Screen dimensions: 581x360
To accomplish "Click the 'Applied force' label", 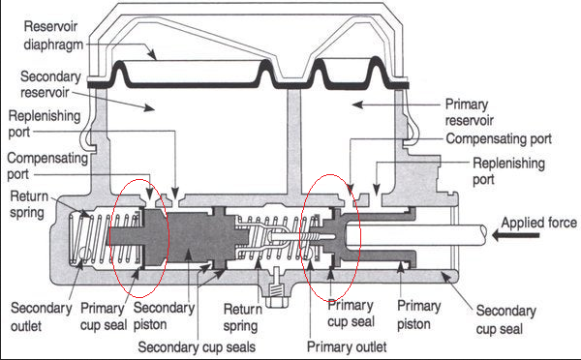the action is coord(538,223).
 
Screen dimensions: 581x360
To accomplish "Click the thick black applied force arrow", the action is coord(516,235).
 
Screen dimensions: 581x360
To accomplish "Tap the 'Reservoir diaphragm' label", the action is coord(53,36).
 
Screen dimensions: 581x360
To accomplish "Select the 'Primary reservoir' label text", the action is coord(470,112).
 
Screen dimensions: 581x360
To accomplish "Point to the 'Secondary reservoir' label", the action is coord(50,84).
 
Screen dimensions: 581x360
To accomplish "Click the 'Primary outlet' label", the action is coord(347,347).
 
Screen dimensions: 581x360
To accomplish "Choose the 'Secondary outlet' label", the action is coord(41,317).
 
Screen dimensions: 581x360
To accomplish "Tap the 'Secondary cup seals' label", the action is coord(197,347).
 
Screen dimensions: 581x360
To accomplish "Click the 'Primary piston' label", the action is coord(418,315).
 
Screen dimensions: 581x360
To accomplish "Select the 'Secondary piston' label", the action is coord(164,315).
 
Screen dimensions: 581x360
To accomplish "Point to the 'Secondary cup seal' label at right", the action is coord(505,319).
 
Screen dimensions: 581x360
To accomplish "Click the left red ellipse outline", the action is coord(112,237).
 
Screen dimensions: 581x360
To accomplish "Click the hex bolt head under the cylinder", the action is coord(276,302).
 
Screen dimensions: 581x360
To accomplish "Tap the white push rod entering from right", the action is coord(415,235).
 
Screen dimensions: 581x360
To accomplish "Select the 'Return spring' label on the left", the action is coord(29,204).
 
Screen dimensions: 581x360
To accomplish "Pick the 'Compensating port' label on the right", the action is coord(499,139).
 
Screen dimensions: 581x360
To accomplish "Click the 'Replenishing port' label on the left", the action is coord(45,124).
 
